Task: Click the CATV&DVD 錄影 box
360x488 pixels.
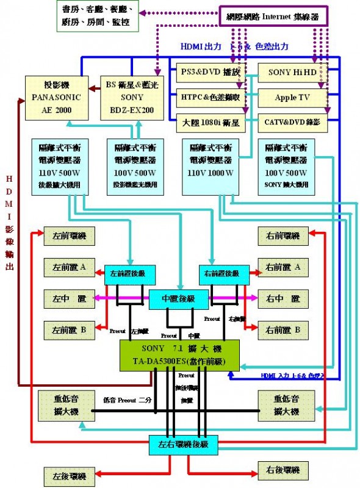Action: (x=293, y=121)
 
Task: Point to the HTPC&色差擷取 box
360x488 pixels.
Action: (x=211, y=97)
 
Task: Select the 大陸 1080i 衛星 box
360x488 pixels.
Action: (x=211, y=121)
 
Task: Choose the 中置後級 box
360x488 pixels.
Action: (x=179, y=298)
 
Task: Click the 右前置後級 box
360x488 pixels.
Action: (x=224, y=274)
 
